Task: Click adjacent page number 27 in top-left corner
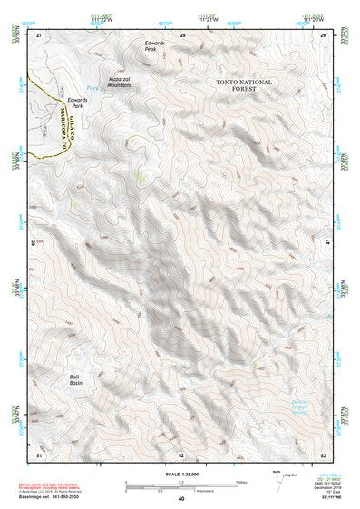39,34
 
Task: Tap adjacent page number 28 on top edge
182,34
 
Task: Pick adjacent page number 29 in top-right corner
323,34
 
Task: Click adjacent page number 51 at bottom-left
39,451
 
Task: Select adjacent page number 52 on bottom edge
181,451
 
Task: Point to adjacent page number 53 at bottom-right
323,451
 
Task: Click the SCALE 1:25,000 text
180,470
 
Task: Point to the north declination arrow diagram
279,479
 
